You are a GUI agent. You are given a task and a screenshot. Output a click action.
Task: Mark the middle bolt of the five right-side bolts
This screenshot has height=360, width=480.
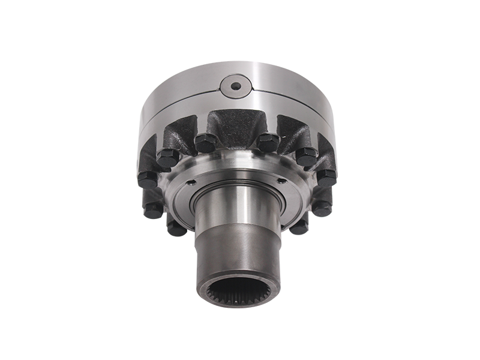(326, 176)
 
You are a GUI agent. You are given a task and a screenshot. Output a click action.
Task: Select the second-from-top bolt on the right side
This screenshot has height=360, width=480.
(305, 156)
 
